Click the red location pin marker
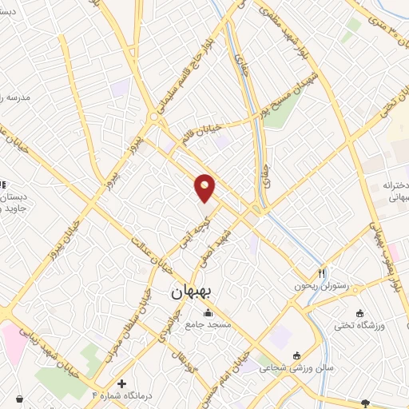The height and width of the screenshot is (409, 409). (x=205, y=188)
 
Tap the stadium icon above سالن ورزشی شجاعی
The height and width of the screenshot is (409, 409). (x=297, y=355)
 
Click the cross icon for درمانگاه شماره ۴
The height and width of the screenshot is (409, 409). (x=121, y=384)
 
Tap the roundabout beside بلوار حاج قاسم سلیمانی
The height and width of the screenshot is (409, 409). (x=153, y=117)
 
